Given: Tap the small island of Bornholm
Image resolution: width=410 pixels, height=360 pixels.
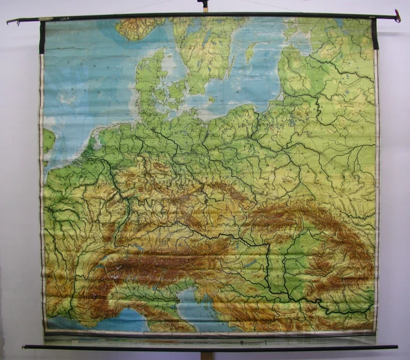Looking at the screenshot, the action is click(211, 99).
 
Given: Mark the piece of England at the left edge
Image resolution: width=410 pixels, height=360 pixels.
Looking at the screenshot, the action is click(49, 140).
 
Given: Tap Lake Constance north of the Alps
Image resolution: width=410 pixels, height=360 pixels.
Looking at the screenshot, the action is click(137, 247).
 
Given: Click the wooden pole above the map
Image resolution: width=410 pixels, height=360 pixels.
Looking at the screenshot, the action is click(204, 6).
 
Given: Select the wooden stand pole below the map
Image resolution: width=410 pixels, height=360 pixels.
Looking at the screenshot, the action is click(206, 354).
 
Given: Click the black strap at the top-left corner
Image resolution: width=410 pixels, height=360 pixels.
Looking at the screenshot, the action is click(42, 37).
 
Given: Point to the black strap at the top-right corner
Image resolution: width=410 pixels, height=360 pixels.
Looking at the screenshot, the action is click(374, 34).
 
